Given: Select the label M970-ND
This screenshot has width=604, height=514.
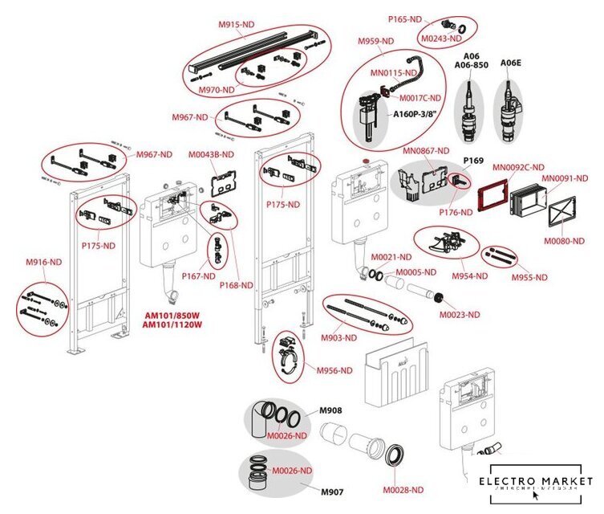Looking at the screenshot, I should (216, 90).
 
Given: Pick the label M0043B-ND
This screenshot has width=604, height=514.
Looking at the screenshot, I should (211, 154).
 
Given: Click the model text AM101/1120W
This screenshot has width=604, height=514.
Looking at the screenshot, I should (172, 325).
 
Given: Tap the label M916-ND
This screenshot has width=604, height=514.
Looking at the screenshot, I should (43, 263).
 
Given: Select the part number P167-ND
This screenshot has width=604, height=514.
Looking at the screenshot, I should (197, 275).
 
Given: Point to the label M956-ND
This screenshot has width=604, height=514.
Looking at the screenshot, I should (334, 370).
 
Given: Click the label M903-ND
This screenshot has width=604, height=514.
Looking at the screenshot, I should (339, 338).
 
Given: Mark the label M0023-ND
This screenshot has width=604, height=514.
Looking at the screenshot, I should (460, 314).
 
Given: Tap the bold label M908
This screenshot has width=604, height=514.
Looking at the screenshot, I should (330, 411).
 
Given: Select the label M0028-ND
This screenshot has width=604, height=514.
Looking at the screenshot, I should (402, 490).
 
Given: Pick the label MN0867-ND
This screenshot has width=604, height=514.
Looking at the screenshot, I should (425, 150).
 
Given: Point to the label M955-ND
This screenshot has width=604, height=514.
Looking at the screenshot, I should (529, 277).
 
